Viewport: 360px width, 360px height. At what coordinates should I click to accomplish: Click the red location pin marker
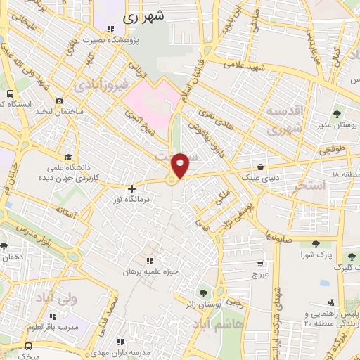tap(181, 165)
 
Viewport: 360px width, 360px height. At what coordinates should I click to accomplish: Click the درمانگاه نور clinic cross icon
tap(131, 188)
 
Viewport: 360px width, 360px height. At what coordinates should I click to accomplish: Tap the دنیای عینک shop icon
tap(262, 167)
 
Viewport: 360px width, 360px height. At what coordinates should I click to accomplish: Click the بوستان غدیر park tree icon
tap(337, 113)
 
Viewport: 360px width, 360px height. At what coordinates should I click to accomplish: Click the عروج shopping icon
tap(260, 264)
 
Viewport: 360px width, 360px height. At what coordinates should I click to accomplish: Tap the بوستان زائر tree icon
tap(204, 292)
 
